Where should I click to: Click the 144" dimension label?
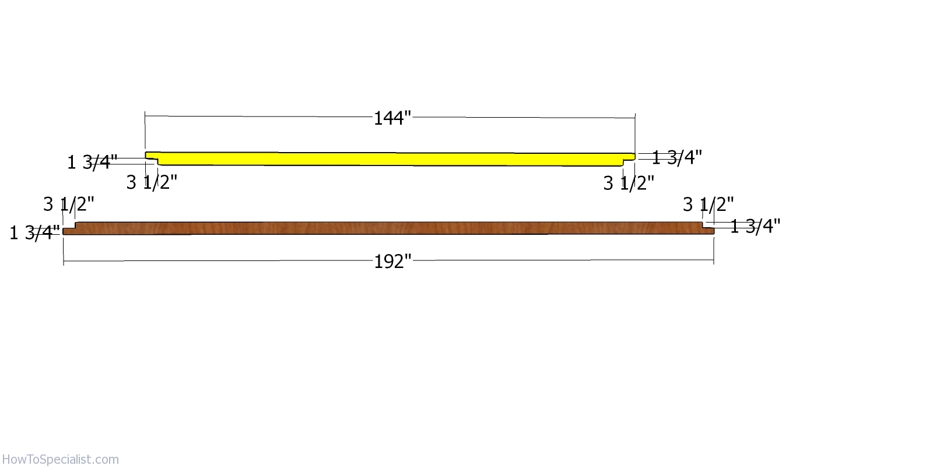pos(392,118)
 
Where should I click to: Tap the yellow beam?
pos(390,159)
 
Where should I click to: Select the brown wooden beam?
pos(388,228)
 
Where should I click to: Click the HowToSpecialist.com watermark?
pos(61,460)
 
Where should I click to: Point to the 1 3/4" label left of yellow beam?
pos(93,163)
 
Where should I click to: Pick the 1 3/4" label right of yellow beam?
pos(677,157)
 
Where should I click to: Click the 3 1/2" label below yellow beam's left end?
pos(152,182)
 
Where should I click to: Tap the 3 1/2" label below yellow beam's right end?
pos(629,183)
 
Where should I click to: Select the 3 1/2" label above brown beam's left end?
pos(69,204)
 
